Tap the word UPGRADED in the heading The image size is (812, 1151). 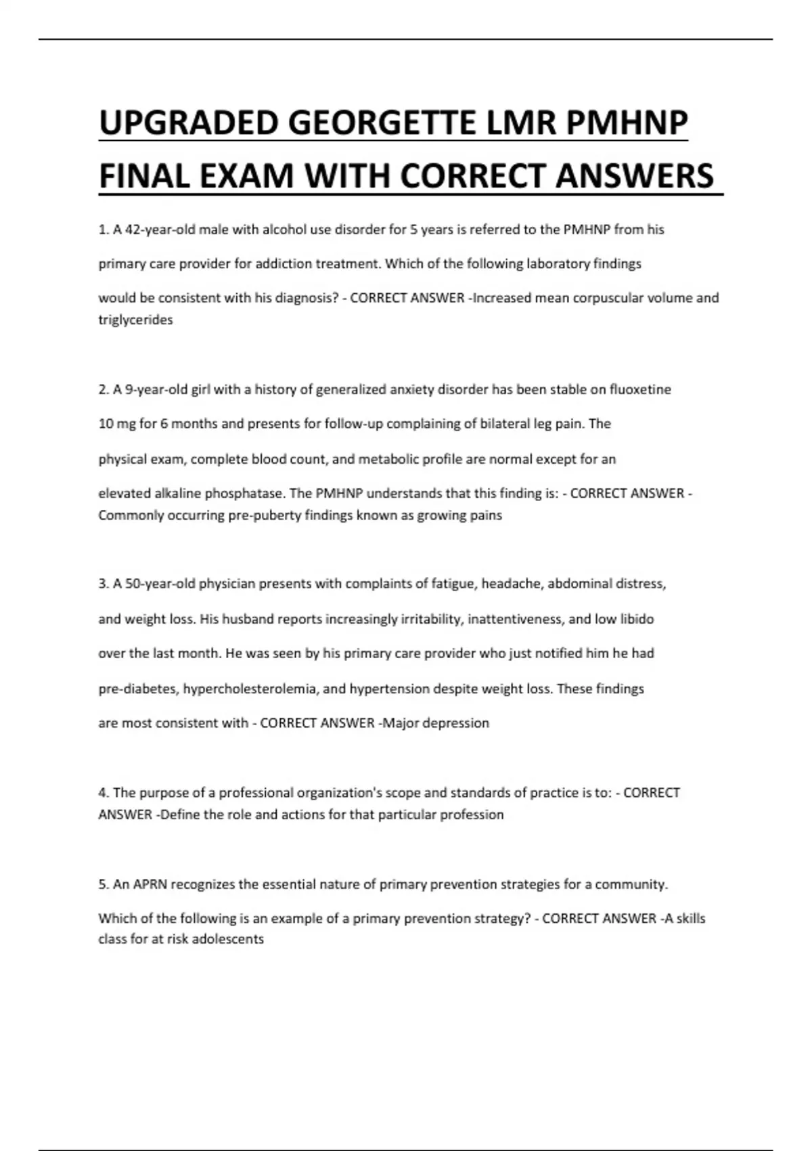(189, 123)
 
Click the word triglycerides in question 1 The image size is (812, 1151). (135, 320)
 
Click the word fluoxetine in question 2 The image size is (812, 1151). (640, 389)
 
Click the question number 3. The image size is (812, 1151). (103, 584)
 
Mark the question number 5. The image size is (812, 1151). (103, 884)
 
